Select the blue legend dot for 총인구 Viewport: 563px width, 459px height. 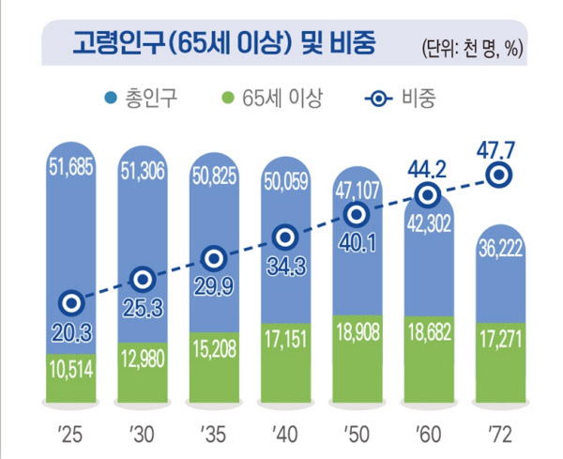pos(110,96)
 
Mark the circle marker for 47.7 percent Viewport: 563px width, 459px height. pos(501,175)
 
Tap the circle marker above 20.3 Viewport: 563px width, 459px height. pos(71,303)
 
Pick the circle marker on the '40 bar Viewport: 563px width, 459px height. pos(285,237)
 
